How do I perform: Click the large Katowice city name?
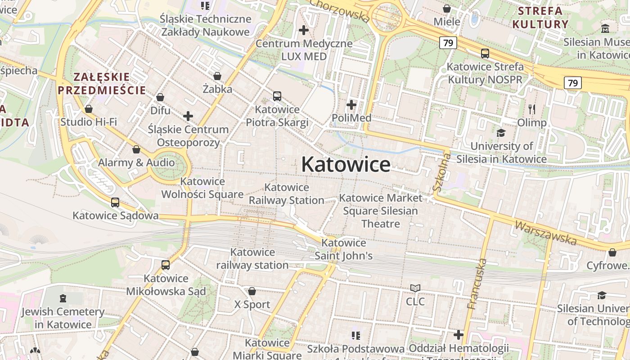(346, 164)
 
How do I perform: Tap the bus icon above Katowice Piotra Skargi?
(277, 96)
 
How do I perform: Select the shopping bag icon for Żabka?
(217, 76)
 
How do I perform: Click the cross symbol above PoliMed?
(351, 105)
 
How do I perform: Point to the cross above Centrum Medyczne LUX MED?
(304, 30)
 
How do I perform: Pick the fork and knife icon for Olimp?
(532, 109)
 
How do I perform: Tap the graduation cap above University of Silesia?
(501, 133)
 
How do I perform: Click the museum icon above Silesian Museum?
(605, 29)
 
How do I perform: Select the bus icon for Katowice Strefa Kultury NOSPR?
(485, 54)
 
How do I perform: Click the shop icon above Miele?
(447, 9)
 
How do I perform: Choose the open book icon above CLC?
(415, 288)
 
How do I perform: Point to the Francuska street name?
(477, 283)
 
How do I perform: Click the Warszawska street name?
(545, 233)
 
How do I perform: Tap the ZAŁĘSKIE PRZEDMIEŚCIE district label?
(102, 83)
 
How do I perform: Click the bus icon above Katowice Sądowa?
(115, 202)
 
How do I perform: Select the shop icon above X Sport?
(252, 291)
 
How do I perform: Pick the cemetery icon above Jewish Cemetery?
(63, 298)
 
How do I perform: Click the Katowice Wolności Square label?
(202, 188)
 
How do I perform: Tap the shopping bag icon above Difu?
(160, 97)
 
